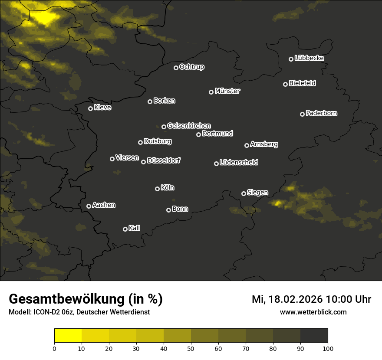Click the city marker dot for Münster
pos(211,92)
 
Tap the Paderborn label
pos(321,113)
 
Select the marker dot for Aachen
pos(89,206)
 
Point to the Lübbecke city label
pos(309,58)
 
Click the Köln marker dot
pos(157,189)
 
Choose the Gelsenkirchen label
pos(189,126)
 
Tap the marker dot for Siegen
pos(244,193)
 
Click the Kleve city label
pos(102,108)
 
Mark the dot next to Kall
pos(125,229)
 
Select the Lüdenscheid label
pos(239,163)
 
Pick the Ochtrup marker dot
pos(176,68)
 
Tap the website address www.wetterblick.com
pos(313,312)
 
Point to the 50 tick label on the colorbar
pos(191,348)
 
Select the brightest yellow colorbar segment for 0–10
pos(68,336)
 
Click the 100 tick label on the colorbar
pos(328,348)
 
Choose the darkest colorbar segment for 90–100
pos(314,336)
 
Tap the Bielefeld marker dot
pos(285,84)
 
